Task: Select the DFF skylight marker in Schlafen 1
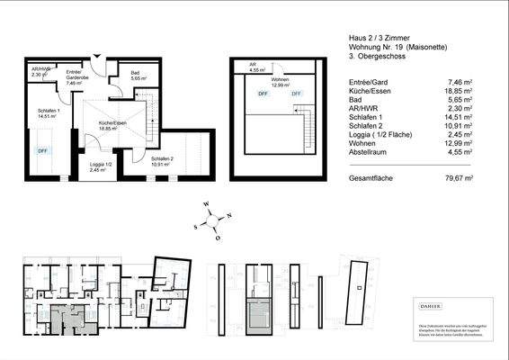coord(42,151)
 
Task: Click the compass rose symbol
coord(216,220)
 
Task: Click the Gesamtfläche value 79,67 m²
coord(472,179)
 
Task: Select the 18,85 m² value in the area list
coord(472,91)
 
